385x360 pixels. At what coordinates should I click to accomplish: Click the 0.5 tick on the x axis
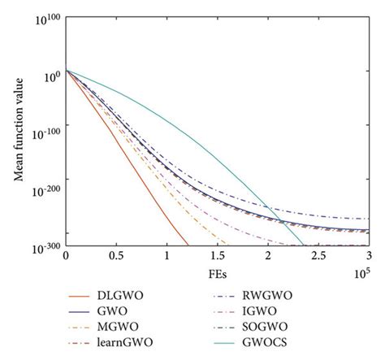tap(115, 256)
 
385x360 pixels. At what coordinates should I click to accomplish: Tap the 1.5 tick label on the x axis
tap(217, 256)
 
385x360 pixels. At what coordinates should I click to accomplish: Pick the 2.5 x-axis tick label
tap(318, 256)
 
